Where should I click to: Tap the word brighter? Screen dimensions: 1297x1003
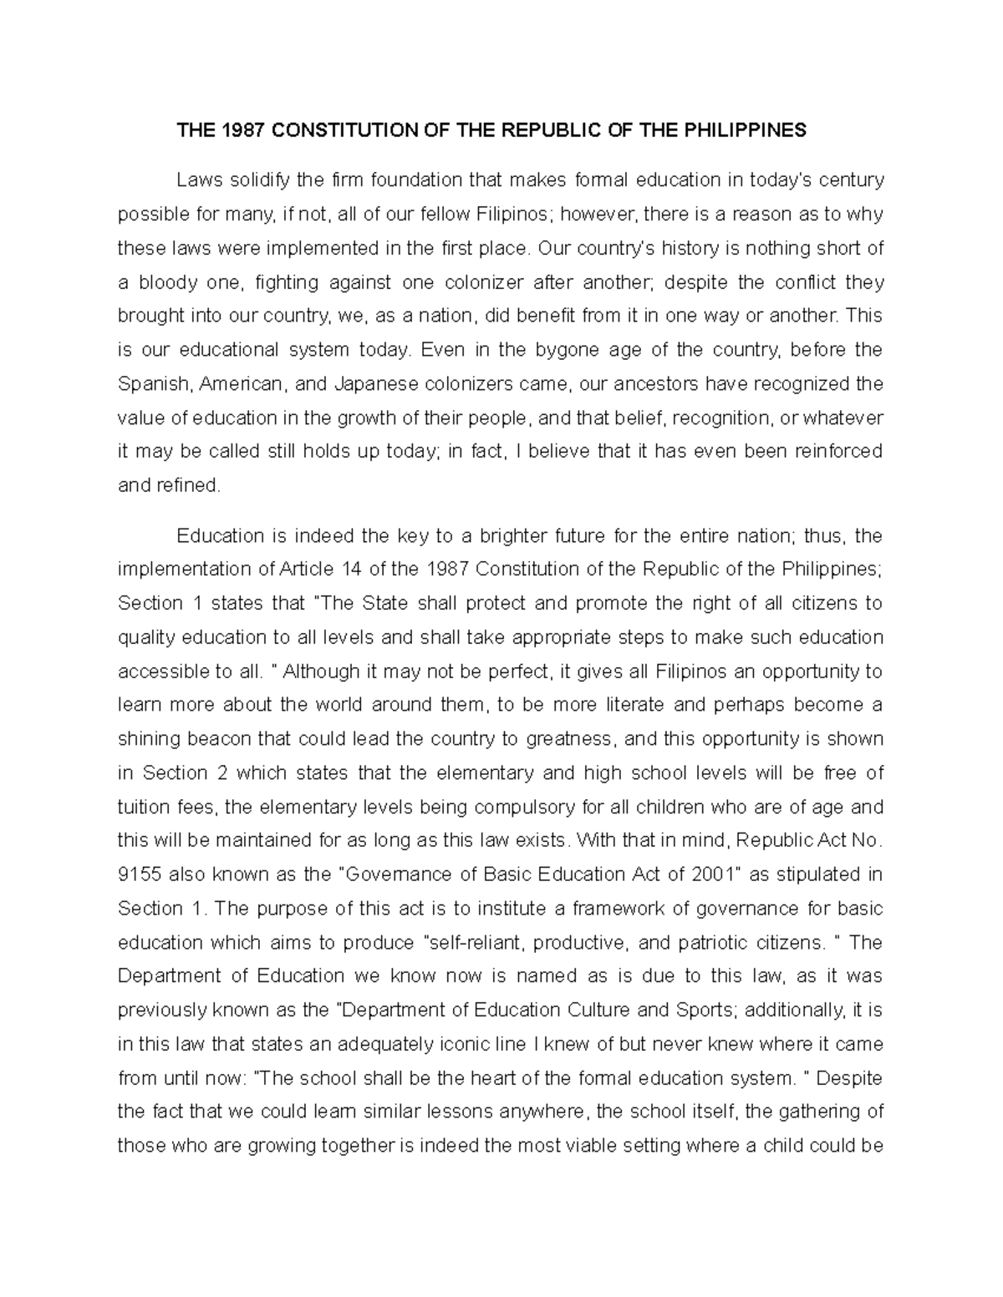(x=438, y=535)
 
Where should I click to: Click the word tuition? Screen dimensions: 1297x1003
(x=143, y=808)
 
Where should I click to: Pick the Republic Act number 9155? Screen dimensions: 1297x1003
(x=140, y=875)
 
